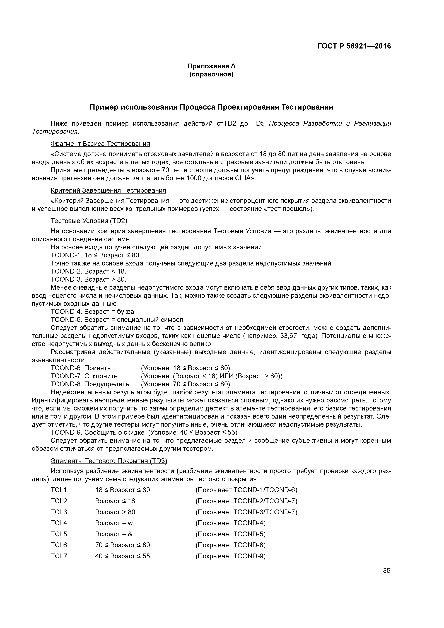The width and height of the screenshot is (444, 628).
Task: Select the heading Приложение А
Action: pyautogui.click(x=211, y=66)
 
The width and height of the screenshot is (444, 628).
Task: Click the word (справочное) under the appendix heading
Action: pyautogui.click(x=211, y=74)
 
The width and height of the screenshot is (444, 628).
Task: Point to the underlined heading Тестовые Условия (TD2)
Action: pyautogui.click(x=89, y=221)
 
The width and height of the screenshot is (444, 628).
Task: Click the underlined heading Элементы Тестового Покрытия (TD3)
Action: pyautogui.click(x=109, y=461)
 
